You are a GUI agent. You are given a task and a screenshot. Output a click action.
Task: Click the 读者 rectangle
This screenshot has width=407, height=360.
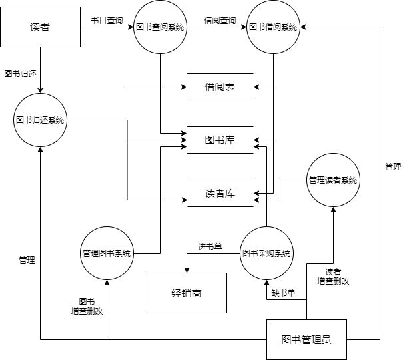[40, 27]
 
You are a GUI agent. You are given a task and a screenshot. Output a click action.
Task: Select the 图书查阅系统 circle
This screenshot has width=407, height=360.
[160, 27]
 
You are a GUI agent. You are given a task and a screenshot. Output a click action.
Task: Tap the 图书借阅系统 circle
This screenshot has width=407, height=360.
[273, 27]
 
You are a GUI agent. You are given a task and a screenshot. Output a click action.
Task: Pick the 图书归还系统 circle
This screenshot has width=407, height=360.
[40, 120]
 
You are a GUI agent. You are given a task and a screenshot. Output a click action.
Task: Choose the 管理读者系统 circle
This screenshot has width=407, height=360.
[333, 180]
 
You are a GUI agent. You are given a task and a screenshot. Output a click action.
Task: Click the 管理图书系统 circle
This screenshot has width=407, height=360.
[107, 254]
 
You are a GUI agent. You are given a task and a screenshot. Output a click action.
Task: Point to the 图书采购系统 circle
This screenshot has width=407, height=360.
[266, 254]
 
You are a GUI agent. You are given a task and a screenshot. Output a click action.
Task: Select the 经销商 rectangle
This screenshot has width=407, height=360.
[187, 293]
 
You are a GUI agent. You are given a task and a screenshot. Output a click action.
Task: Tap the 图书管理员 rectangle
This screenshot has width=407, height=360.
[306, 339]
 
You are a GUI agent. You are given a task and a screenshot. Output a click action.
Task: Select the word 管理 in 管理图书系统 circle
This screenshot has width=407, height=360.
[90, 254]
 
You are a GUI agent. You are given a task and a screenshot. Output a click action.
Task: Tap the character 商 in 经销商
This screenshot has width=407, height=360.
[197, 293]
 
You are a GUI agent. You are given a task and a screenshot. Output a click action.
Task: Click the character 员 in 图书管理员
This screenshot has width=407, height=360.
[326, 339]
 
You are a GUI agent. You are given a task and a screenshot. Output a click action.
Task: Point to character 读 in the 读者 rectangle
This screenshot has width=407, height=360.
[35, 27]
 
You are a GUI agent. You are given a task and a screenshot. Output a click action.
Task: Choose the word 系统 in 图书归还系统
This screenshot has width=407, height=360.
[57, 120]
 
